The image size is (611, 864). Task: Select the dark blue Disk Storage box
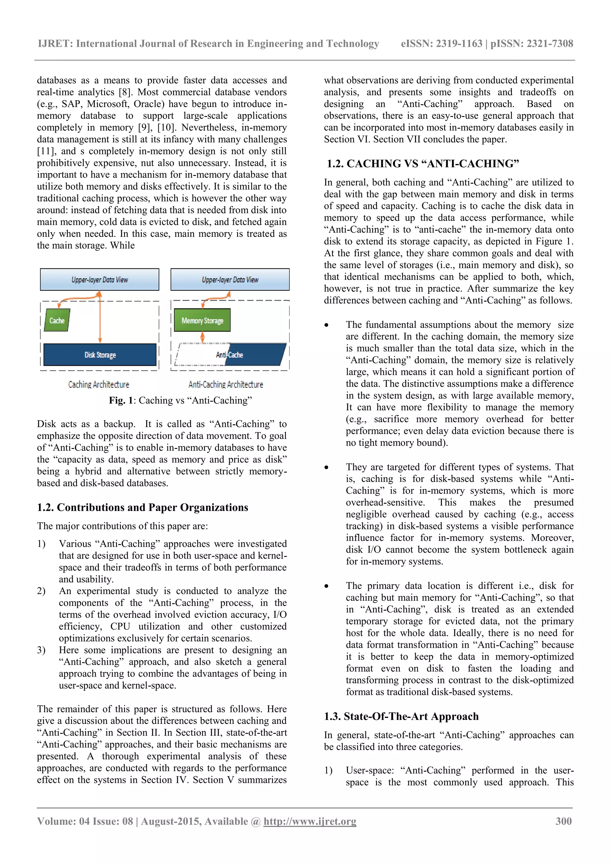pyautogui.click(x=100, y=355)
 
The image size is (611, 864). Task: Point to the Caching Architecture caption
pyautogui.click(x=99, y=384)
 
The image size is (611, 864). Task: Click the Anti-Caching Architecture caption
pyautogui.click(x=226, y=384)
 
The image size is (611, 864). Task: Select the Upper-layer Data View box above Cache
pyautogui.click(x=99, y=279)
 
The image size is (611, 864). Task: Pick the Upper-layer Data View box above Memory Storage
pyautogui.click(x=230, y=279)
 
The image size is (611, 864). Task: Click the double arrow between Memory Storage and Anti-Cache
pyautogui.click(x=202, y=337)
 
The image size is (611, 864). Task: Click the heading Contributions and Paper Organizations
pyautogui.click(x=142, y=507)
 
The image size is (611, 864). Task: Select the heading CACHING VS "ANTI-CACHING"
pyautogui.click(x=423, y=164)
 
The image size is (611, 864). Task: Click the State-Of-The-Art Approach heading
pyautogui.click(x=401, y=716)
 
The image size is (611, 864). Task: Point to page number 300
pyautogui.click(x=563, y=821)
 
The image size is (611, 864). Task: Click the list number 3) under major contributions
pyautogui.click(x=41, y=650)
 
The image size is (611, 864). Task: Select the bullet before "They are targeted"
pyautogui.click(x=326, y=468)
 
